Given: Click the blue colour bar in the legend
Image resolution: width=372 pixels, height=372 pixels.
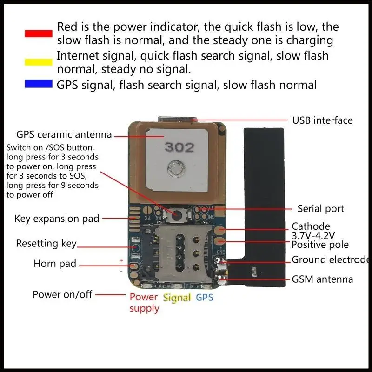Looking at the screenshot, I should tap(38, 84).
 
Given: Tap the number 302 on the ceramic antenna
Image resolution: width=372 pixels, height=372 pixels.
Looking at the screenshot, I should tap(179, 147).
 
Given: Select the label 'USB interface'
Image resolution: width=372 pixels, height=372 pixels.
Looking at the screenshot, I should tap(322, 120).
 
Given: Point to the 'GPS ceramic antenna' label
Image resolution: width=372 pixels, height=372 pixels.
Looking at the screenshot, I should tap(64, 135).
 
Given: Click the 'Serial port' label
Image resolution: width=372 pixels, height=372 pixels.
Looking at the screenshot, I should tap(321, 209).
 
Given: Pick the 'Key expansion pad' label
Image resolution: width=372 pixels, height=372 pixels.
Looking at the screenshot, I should tap(57, 219).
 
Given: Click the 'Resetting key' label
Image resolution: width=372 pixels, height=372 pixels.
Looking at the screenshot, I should tap(46, 244).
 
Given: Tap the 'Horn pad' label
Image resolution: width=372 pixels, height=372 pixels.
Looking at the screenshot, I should tap(55, 264).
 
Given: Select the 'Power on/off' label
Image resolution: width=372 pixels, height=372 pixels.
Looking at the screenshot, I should tap(62, 294).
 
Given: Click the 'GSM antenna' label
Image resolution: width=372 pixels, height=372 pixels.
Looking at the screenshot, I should tap(322, 279).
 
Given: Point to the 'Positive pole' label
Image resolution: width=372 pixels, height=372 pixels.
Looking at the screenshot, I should tap(320, 245).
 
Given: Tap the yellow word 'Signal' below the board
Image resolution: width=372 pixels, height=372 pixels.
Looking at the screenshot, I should tap(177, 298).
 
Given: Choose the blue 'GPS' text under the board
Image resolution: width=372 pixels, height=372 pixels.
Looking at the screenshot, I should tap(204, 297).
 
